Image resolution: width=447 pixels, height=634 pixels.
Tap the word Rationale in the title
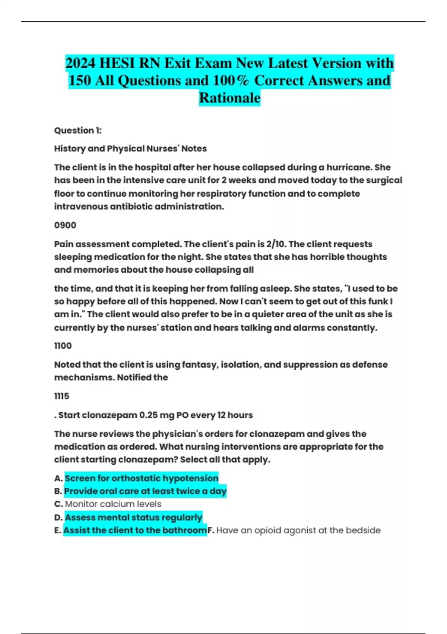pos(230,98)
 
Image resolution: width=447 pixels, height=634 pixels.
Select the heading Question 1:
pos(78,130)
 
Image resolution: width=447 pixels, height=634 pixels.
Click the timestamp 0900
pos(65,225)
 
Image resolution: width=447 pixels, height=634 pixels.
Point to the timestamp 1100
pos(63,346)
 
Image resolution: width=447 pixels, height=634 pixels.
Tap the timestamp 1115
pos(62,396)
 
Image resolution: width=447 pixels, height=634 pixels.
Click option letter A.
pos(58,478)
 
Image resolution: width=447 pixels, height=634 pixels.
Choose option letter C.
pos(58,504)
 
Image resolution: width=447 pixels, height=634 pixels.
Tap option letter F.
pos(210,530)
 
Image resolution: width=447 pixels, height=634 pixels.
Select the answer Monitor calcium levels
pos(113,504)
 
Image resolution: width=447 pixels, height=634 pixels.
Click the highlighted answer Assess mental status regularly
pos(133,517)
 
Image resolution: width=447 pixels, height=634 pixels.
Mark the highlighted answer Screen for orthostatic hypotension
pos(142,478)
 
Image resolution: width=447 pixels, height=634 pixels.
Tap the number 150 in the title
pos(80,81)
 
